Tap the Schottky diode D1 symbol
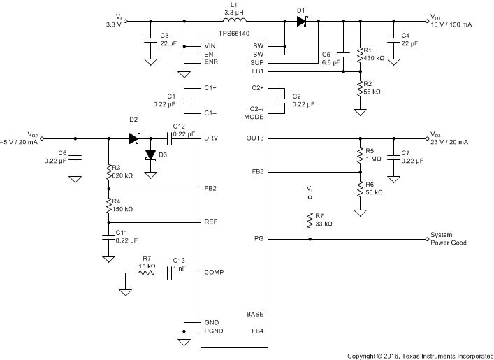[301, 22]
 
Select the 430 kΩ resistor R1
[361, 54]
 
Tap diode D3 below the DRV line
[149, 156]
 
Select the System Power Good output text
[448, 239]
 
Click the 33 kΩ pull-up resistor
[310, 221]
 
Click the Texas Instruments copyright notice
[419, 355]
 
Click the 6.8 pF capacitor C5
[344, 54]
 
